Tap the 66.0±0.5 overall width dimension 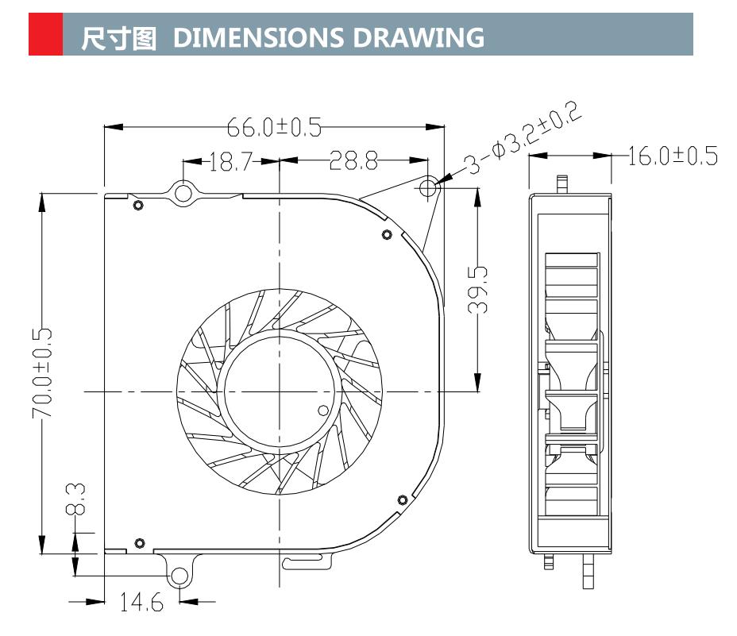click(x=274, y=127)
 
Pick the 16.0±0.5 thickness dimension click(x=672, y=156)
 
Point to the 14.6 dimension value click(x=141, y=603)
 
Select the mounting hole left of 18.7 click(x=183, y=192)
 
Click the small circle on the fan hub click(x=322, y=411)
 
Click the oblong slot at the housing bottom click(x=306, y=563)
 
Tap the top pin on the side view click(x=562, y=183)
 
